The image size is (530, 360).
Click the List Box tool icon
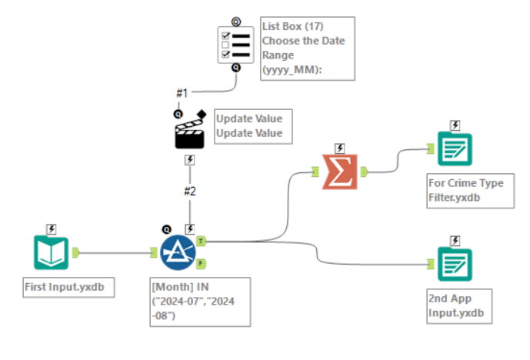tap(236, 45)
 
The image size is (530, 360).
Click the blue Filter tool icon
tap(178, 252)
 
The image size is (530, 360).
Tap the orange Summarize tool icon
tap(340, 172)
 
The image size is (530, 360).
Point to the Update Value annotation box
tap(248, 126)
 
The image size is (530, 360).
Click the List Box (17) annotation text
tap(308, 48)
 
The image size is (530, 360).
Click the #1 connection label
tap(182, 93)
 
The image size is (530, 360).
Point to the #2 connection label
tap(189, 189)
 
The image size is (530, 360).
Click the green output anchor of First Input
tap(76, 252)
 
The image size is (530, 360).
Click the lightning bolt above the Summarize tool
tap(340, 148)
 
